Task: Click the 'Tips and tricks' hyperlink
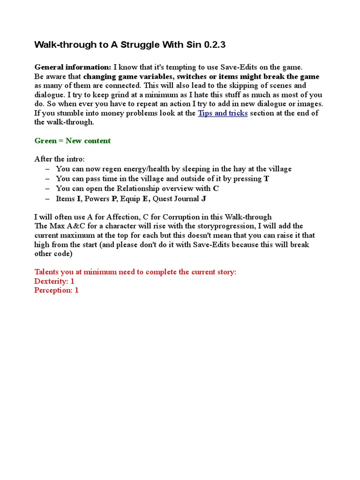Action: tap(223, 113)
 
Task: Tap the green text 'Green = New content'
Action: tap(73, 141)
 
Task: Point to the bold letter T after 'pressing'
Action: tap(266, 179)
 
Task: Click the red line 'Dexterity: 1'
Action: tap(54, 281)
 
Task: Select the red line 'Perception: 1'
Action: tap(56, 290)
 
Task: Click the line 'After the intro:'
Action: tap(60, 159)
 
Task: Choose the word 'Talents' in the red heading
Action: tap(48, 272)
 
